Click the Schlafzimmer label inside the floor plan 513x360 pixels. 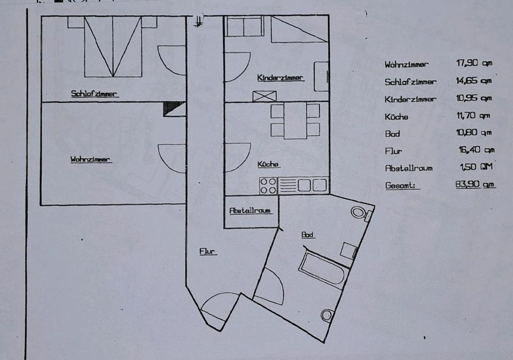tap(94, 93)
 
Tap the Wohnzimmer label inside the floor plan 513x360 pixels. tap(90, 159)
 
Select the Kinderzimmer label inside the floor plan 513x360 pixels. tap(280, 77)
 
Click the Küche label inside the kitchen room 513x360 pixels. tap(268, 165)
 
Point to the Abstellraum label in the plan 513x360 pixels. tap(250, 210)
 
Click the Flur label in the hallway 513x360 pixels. tap(208, 251)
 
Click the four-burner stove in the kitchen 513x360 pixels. tap(268, 185)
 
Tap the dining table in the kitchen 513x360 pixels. tap(295, 121)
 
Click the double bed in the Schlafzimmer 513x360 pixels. tap(113, 47)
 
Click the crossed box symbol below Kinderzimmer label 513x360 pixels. tap(265, 96)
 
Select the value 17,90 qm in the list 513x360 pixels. tap(473, 63)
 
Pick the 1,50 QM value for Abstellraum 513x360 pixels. tap(476, 167)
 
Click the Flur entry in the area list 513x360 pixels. tap(393, 151)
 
